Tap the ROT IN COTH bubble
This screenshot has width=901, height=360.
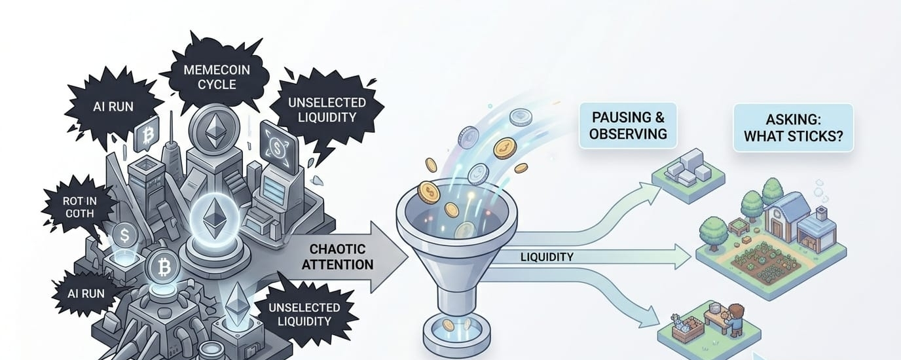pos(79,207)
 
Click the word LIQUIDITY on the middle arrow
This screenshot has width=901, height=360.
pos(547,257)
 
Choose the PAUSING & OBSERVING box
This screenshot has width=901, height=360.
pos(627,126)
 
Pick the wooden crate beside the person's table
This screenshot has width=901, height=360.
pos(688,329)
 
